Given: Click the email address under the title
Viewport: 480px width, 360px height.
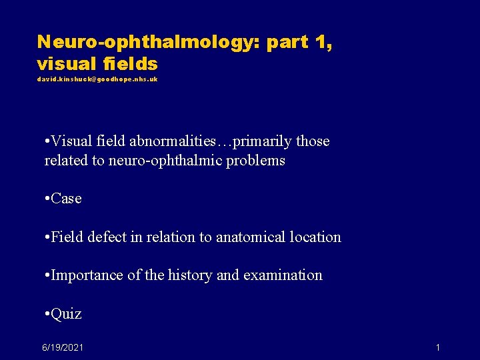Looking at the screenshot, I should [x=97, y=79].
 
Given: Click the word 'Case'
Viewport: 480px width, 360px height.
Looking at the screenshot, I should [x=66, y=199].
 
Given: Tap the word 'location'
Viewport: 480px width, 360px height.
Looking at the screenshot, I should [x=313, y=237].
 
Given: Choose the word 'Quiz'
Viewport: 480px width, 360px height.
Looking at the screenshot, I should [x=66, y=314].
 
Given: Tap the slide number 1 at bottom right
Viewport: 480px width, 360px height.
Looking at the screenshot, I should [x=437, y=347].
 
